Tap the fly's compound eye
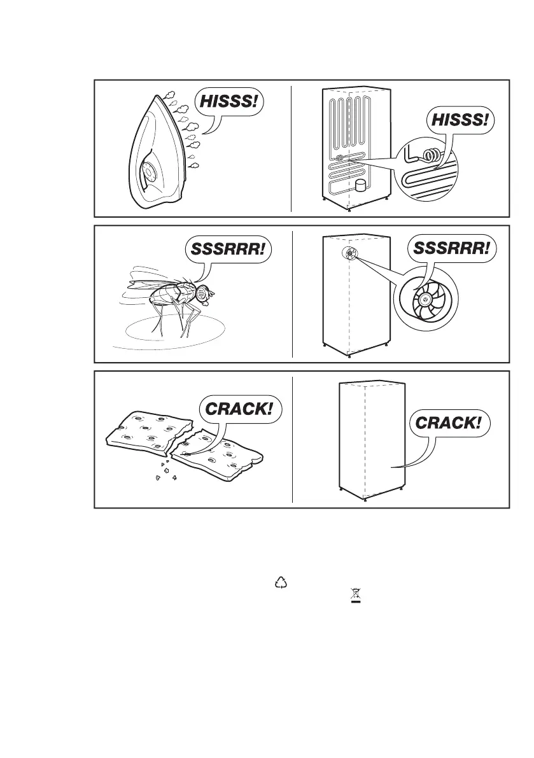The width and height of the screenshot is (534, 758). click(x=204, y=292)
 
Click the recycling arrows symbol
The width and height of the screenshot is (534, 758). click(x=281, y=581)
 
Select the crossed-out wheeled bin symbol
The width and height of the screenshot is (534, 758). click(x=348, y=598)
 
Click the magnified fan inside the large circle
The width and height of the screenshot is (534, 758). click(x=424, y=302)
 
